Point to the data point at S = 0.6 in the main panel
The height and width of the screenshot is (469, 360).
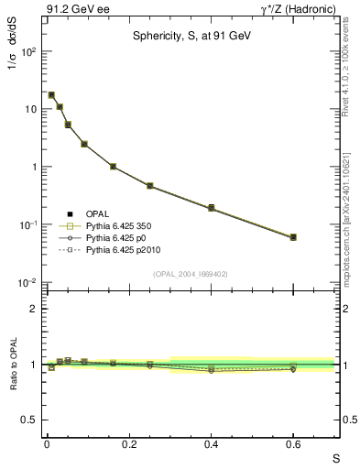tap(293, 237)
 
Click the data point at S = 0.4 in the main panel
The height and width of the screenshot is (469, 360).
tap(211, 208)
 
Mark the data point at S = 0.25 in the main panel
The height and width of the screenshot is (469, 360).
tap(149, 186)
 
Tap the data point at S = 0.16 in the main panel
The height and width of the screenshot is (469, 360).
tap(113, 167)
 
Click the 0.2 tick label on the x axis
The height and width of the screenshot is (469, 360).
tap(129, 444)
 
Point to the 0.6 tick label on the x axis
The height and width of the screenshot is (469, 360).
tap(293, 444)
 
